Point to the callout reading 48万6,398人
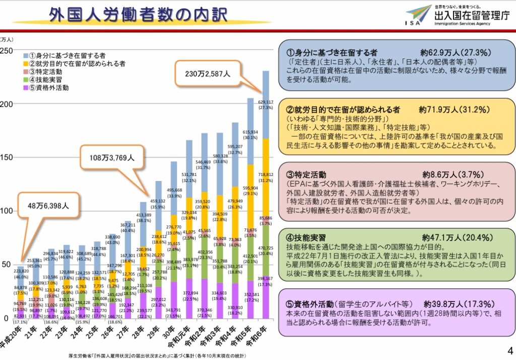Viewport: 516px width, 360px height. click(48, 205)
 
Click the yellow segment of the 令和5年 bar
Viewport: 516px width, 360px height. click(250, 188)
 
